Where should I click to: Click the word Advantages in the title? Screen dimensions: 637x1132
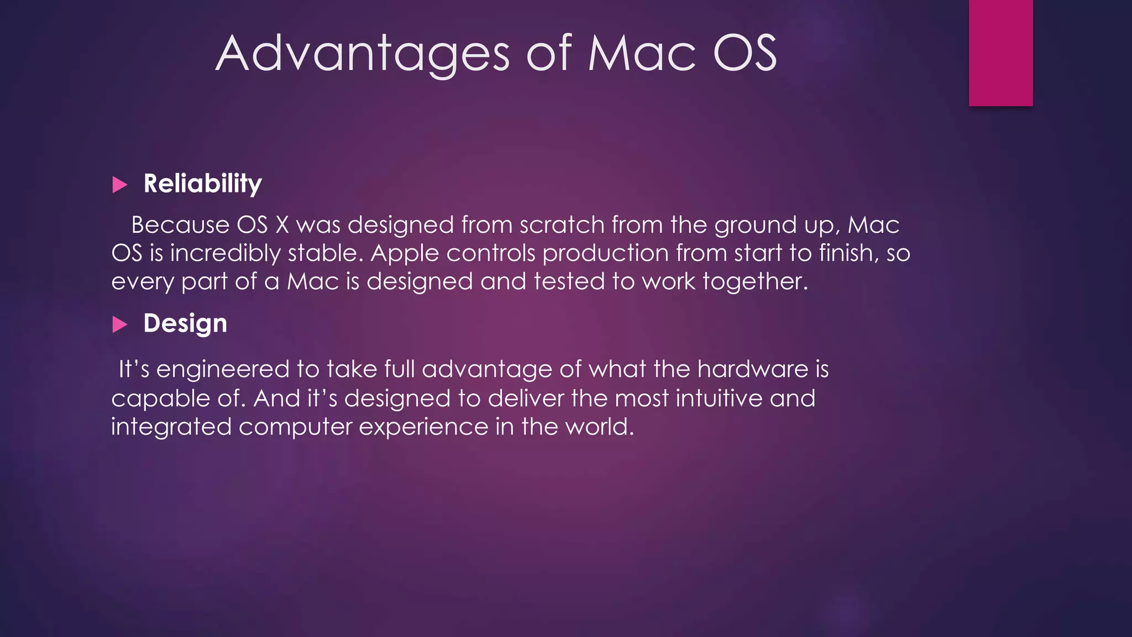(x=363, y=54)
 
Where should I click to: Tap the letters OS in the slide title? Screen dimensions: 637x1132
(x=745, y=54)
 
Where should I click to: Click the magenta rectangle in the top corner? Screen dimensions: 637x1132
(x=1000, y=53)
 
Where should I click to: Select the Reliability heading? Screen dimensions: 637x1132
(x=202, y=184)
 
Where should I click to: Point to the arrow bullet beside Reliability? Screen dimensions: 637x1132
(x=120, y=185)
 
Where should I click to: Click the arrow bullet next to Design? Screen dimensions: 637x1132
(x=120, y=325)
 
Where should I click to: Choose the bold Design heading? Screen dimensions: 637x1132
(x=185, y=323)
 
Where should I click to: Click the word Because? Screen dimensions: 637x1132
(x=180, y=225)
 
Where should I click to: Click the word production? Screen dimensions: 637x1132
(x=605, y=254)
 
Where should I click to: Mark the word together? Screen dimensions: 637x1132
(x=754, y=282)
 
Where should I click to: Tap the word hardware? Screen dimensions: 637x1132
(x=753, y=369)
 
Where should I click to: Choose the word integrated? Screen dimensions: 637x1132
(x=171, y=427)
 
